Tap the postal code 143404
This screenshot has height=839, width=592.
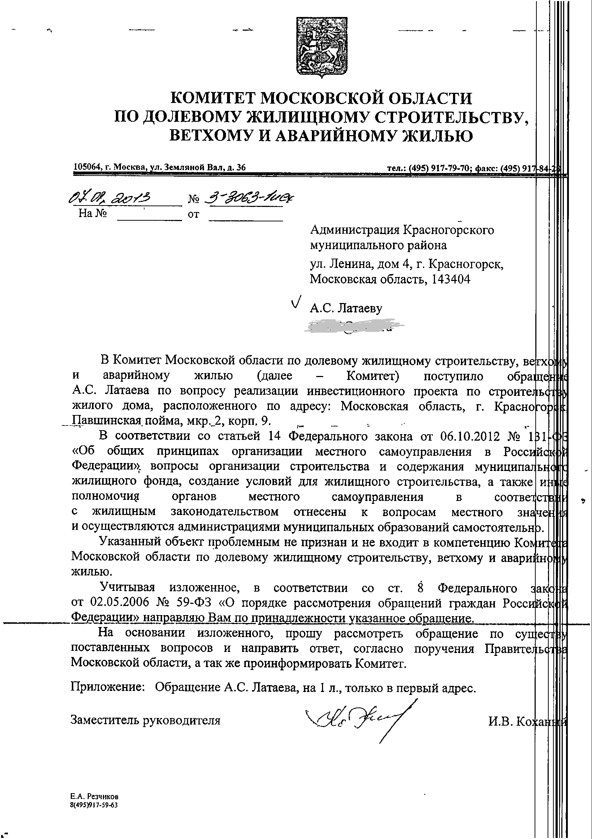click(451, 280)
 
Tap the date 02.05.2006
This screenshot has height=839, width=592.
click(117, 603)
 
